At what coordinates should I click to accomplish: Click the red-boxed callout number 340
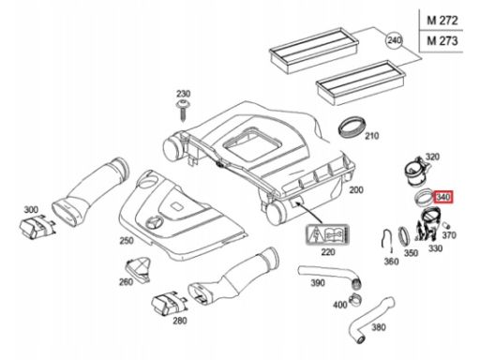point(443,197)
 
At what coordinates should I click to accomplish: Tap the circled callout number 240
point(394,40)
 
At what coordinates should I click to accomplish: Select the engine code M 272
point(442,21)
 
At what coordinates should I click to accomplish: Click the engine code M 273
point(442,41)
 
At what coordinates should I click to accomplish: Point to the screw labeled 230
point(182,111)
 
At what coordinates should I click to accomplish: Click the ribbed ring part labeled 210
point(352,127)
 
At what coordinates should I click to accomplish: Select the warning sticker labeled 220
point(327,233)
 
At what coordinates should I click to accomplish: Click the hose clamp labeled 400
point(355,299)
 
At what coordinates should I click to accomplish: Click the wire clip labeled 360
point(387,241)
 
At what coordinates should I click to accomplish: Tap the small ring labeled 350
point(403,236)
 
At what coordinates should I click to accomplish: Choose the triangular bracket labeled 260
point(138,269)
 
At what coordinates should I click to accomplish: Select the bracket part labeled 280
point(169,304)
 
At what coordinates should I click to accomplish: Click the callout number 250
point(127,241)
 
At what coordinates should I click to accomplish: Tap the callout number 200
point(356,189)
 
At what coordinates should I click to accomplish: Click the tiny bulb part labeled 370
point(446,225)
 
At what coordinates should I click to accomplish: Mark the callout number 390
point(318,283)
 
